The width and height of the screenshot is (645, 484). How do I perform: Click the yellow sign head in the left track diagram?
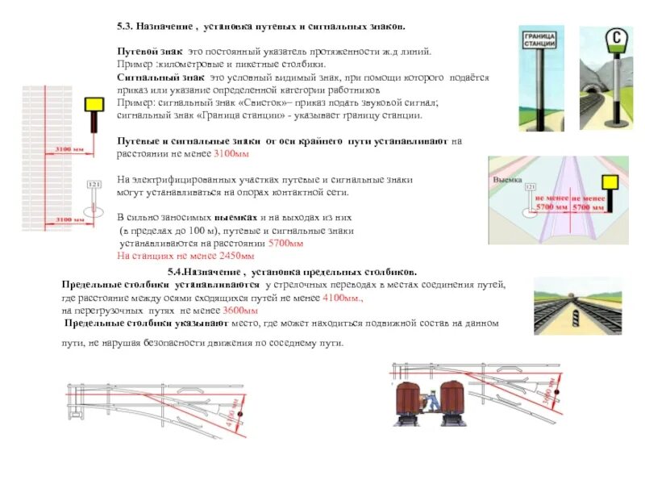click(x=95, y=104)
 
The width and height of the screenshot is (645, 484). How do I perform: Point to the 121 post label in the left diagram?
click(x=94, y=185)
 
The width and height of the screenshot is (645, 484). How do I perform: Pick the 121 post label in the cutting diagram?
click(x=529, y=187)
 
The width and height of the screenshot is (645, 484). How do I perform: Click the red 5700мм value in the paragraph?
click(x=285, y=243)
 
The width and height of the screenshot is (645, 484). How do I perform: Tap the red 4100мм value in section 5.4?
click(x=343, y=298)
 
